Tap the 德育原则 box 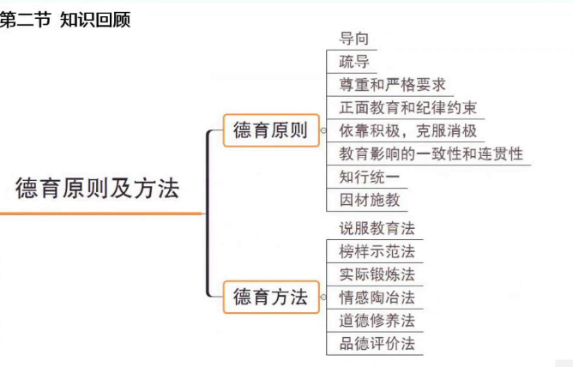tap(270, 131)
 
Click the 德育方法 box tap(270, 298)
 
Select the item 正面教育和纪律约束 tap(407, 108)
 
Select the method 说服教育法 tap(377, 228)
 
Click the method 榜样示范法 tap(377, 251)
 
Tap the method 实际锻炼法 tap(377, 274)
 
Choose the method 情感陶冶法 tap(377, 298)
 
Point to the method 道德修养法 tap(377, 321)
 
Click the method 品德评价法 tap(377, 344)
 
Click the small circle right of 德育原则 tap(322, 132)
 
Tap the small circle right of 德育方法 tap(322, 298)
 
